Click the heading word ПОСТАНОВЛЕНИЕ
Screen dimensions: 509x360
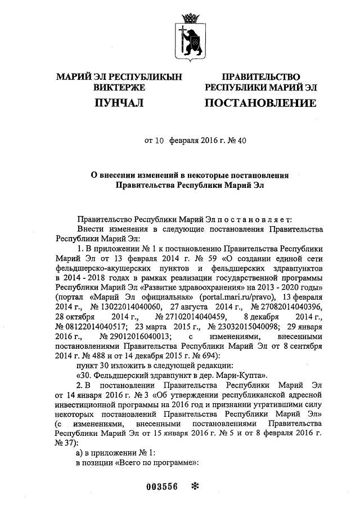[x=260, y=103]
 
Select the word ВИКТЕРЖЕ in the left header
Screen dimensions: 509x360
[x=119, y=88]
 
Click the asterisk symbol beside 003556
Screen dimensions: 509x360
[x=195, y=487]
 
